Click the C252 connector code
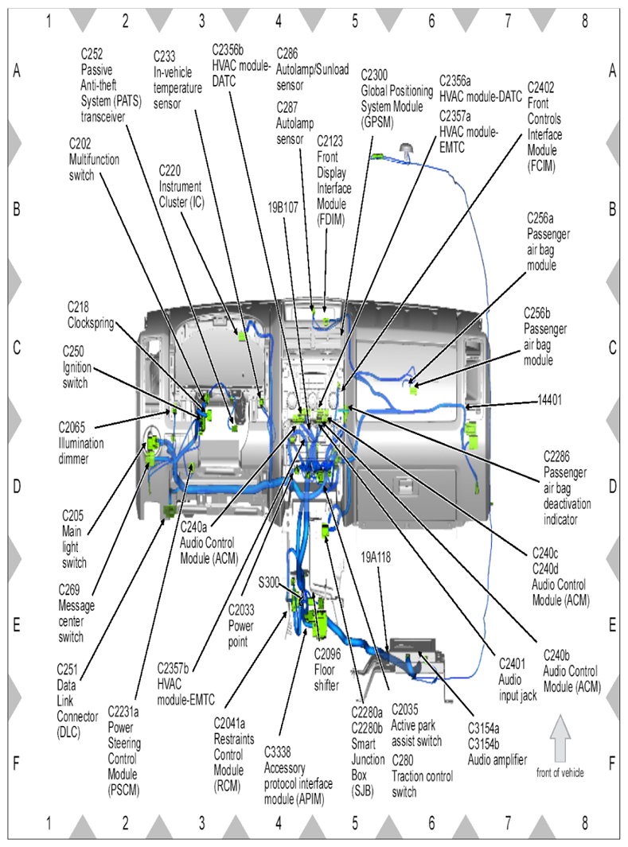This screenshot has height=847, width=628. click(92, 53)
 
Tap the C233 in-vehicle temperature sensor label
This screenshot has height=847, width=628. click(177, 80)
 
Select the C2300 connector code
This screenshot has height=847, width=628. click(374, 75)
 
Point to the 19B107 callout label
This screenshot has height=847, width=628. click(283, 208)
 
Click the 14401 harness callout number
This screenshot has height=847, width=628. click(550, 400)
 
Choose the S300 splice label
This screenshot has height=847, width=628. click(268, 582)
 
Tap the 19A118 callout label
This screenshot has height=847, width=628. click(376, 557)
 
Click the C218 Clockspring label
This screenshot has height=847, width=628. click(91, 315)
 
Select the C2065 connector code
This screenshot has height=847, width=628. click(72, 427)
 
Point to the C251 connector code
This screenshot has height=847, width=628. click(67, 670)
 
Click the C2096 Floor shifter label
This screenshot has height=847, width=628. click(327, 670)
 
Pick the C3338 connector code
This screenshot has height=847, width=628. click(277, 752)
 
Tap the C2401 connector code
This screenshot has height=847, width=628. click(512, 663)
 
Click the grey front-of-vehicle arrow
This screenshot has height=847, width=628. click(560, 738)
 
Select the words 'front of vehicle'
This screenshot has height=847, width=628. click(560, 772)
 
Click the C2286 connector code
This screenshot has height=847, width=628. click(556, 457)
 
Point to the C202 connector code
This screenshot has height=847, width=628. click(80, 144)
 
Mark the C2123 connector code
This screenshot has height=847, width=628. click(330, 142)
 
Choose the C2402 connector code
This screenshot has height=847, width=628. click(540, 87)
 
